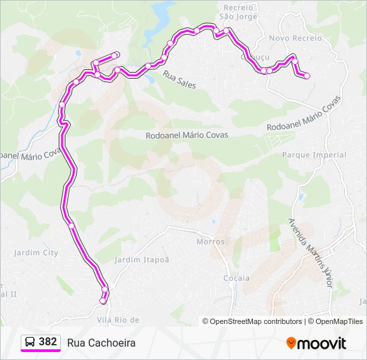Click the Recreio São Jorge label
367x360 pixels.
[238, 11]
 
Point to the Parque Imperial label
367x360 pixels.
[314, 155]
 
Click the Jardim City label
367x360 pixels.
[36, 253]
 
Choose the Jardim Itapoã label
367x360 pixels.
[142, 259]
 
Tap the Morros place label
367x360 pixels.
[210, 241]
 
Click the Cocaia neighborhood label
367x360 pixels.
[237, 278]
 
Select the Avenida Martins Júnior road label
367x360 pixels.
[310, 253]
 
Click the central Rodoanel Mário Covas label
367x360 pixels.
[187, 135]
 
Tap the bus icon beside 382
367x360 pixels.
[30, 342]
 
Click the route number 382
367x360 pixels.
[47, 342]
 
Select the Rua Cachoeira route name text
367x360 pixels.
[101, 343]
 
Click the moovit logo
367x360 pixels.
[316, 343]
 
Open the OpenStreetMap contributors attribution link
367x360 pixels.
[256, 321]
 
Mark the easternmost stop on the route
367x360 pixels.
[307, 76]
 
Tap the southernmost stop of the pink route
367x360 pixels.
[103, 301]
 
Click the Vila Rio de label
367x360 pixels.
[118, 320]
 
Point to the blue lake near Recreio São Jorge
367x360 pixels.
[163, 12]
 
